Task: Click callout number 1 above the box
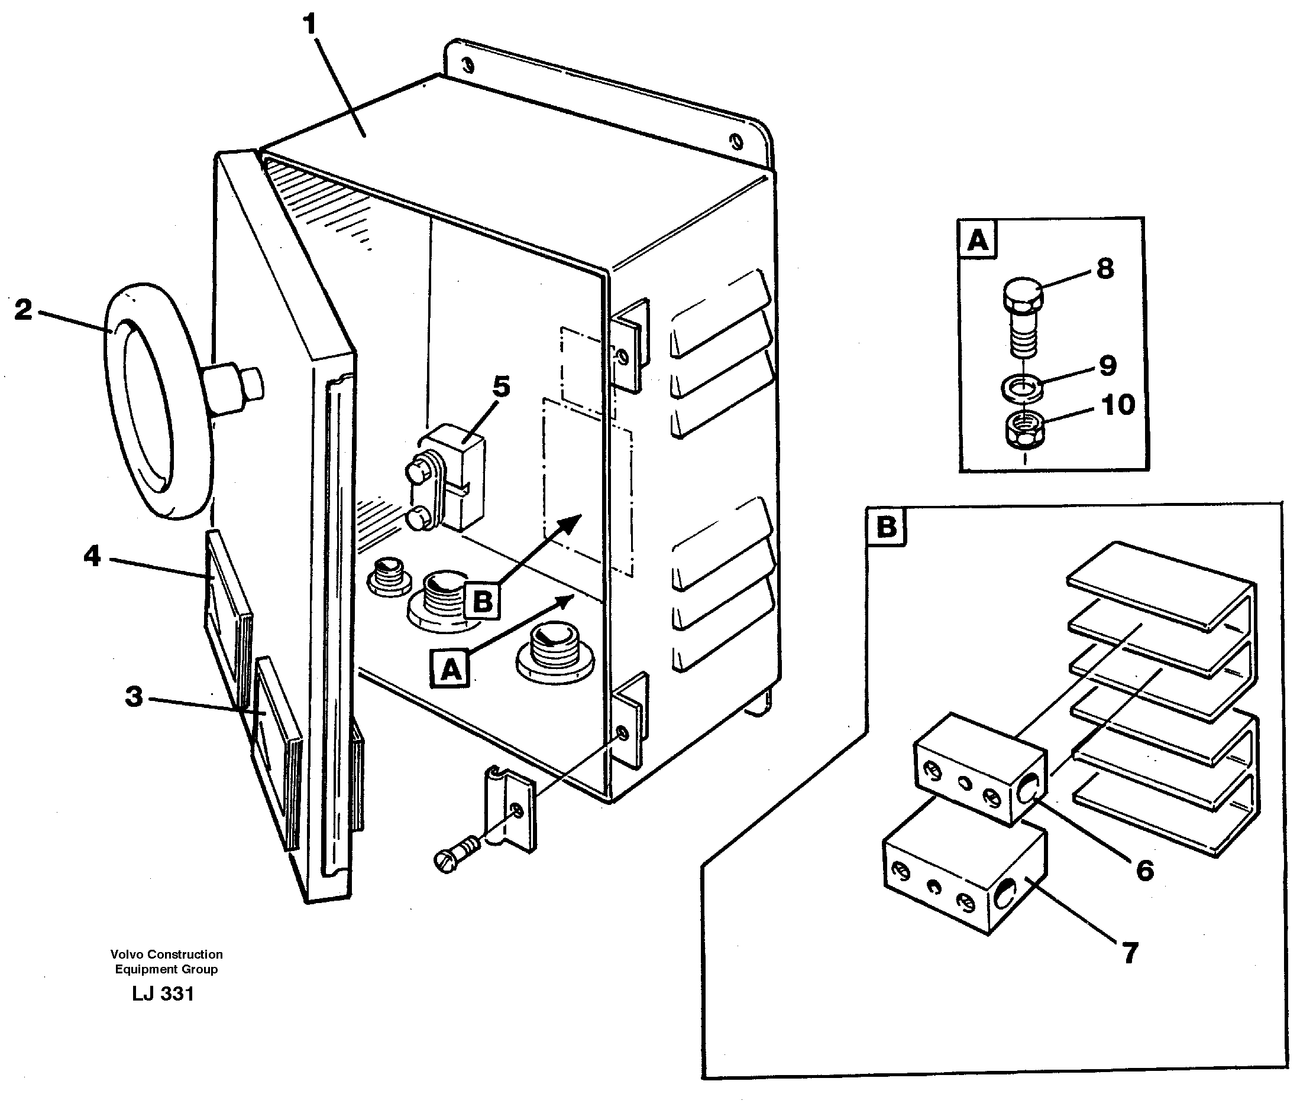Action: point(309,25)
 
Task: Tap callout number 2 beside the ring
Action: point(23,310)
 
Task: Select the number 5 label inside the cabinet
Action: point(501,387)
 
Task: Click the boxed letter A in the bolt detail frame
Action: point(978,240)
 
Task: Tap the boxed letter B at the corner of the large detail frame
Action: point(886,527)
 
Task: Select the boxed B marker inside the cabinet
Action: point(482,601)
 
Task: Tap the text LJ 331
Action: point(163,994)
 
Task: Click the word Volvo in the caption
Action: point(126,954)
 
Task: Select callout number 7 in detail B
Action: point(1130,953)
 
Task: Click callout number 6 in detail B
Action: point(1144,870)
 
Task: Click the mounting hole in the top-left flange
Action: point(467,66)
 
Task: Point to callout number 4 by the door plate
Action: point(92,556)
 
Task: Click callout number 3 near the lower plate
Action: point(134,697)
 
